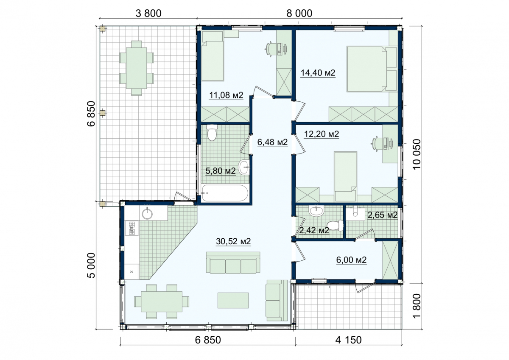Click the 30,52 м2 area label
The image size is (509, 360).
[x=233, y=241]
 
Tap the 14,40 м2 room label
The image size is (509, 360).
[x=318, y=73]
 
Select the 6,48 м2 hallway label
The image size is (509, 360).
[x=272, y=142]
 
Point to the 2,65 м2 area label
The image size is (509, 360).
[x=383, y=215]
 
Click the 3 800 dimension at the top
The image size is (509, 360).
[x=148, y=14]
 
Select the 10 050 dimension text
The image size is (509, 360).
[x=417, y=154]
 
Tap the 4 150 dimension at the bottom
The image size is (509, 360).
[x=348, y=340]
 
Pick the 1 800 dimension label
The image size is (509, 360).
[x=417, y=306]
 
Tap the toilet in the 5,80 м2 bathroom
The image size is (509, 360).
[x=212, y=132]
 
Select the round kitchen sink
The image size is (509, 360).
[x=147, y=214]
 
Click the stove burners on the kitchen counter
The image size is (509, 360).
[x=132, y=228]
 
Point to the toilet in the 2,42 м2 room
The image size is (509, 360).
[x=336, y=225]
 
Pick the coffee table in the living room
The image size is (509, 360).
[x=233, y=300]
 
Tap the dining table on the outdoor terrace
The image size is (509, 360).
[x=137, y=68]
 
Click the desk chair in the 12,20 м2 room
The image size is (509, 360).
[x=376, y=144]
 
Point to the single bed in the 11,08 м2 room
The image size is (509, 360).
[x=213, y=56]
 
